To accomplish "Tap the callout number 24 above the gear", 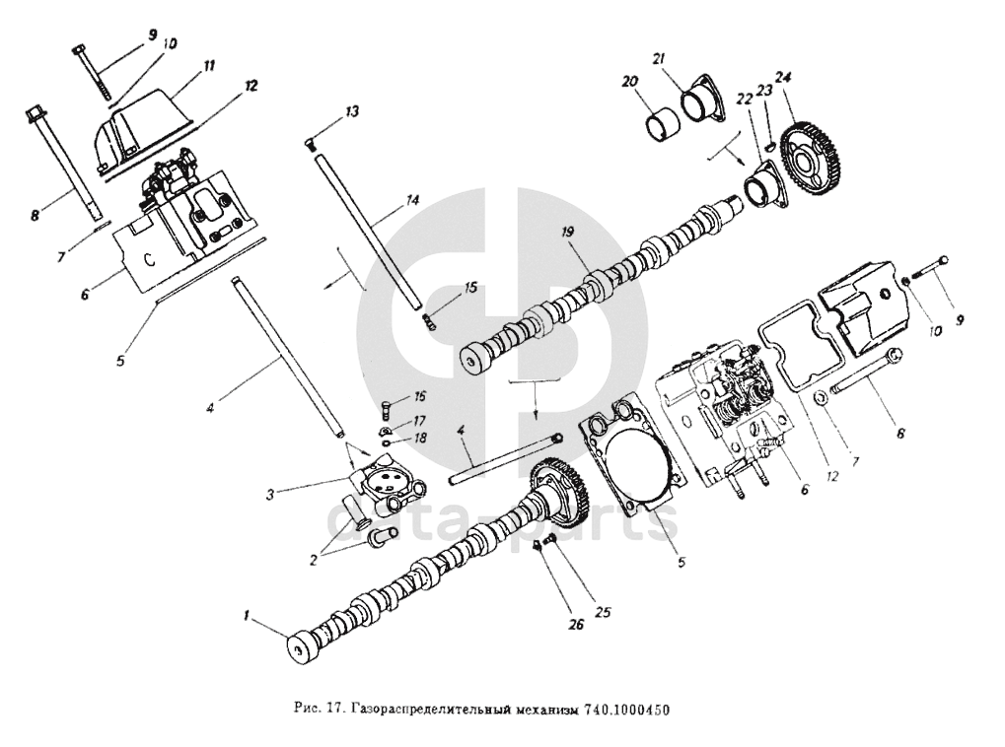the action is (x=782, y=78).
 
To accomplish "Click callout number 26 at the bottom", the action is (x=575, y=624).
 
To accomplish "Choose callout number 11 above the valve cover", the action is (x=209, y=66).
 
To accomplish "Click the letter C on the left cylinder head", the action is (x=150, y=260).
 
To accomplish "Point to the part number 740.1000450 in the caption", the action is (x=626, y=710).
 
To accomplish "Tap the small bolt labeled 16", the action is (x=388, y=407).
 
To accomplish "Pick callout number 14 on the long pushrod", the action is (x=412, y=200).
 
